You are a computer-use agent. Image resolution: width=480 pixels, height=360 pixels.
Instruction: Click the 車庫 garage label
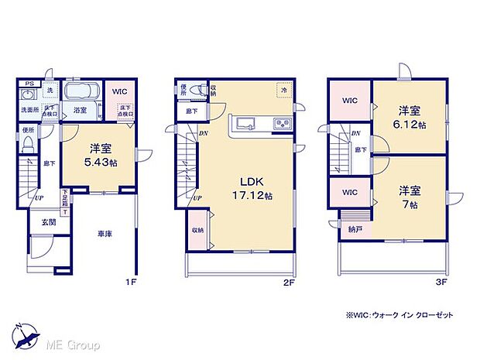pyautogui.click(x=105, y=233)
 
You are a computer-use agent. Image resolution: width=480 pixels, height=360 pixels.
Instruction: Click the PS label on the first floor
pyautogui.click(x=29, y=83)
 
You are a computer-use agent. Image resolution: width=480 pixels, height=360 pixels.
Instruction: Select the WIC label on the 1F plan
pyautogui.click(x=119, y=91)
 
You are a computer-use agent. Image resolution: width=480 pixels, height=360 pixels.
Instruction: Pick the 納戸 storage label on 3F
pyautogui.click(x=354, y=229)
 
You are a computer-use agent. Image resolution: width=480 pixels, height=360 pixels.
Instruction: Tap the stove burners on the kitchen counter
pyautogui.click(x=279, y=124)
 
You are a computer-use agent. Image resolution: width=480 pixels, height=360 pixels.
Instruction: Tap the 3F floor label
pyautogui.click(x=440, y=283)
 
